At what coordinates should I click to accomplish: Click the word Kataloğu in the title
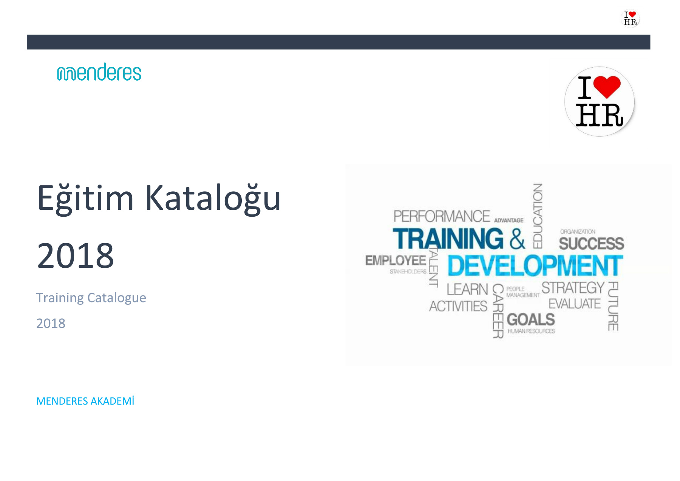click(213, 198)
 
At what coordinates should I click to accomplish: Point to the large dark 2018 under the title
click(76, 256)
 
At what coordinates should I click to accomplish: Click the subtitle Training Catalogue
click(91, 298)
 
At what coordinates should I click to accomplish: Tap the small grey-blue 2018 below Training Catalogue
click(51, 323)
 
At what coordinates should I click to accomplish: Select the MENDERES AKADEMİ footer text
click(85, 401)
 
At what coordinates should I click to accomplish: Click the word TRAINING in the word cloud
click(448, 239)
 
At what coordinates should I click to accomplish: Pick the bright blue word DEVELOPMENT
click(535, 265)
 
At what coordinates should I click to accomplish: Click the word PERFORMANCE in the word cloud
click(442, 216)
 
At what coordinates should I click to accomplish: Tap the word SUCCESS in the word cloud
click(592, 244)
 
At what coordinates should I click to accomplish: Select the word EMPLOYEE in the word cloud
click(396, 261)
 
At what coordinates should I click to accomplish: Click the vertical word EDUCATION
click(538, 216)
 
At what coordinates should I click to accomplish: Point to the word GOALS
click(531, 320)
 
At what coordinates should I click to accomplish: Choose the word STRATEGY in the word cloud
click(573, 288)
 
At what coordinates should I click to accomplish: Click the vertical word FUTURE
click(613, 306)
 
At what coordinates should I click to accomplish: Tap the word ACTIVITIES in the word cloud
click(458, 306)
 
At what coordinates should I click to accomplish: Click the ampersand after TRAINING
click(517, 239)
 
